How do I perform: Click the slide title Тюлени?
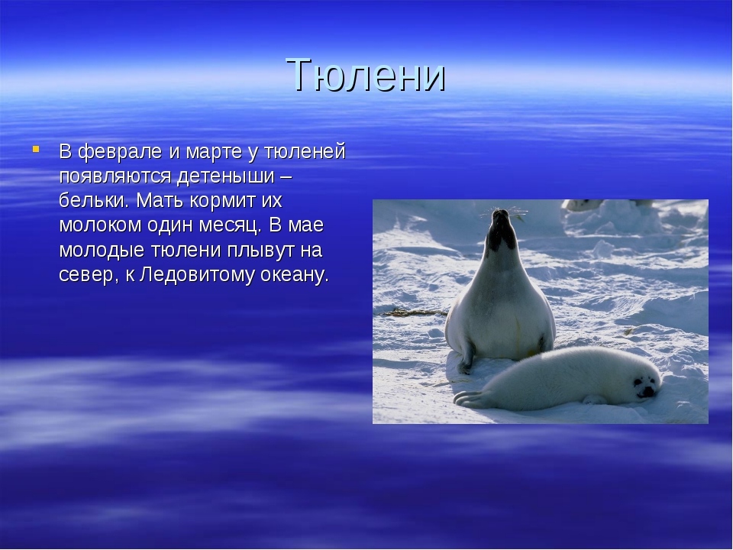(366, 75)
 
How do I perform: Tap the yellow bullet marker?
(36, 149)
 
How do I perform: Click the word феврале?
(119, 152)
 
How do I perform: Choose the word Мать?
(160, 201)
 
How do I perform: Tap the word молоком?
(99, 225)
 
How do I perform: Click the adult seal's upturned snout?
(501, 216)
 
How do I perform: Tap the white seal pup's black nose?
(647, 390)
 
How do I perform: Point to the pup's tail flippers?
(470, 399)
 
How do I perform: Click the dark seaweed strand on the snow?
(414, 312)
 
